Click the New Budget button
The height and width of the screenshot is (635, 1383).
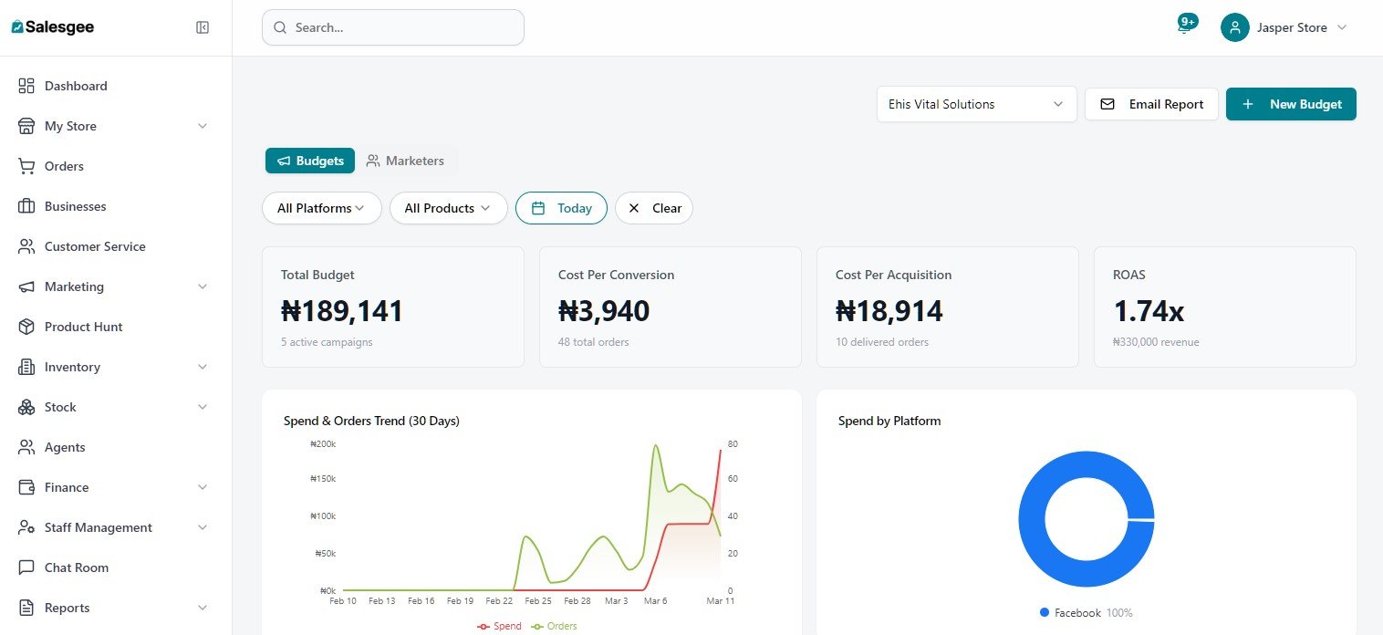point(1291,104)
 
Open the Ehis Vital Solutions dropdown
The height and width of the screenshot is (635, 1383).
point(976,104)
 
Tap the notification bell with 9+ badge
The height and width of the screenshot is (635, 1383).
point(1184,26)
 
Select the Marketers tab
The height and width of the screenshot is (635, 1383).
point(405,161)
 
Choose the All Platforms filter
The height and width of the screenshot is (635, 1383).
point(321,208)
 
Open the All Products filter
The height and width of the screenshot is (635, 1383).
point(448,208)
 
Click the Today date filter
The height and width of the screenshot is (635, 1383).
point(561,208)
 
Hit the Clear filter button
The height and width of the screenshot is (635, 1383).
point(654,208)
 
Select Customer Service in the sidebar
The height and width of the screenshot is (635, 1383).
point(95,246)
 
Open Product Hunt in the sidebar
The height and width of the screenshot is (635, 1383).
point(83,327)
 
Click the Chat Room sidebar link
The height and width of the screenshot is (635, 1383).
point(77,567)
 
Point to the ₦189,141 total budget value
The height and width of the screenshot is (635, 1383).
point(342,311)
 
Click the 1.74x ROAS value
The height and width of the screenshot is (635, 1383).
point(1149,311)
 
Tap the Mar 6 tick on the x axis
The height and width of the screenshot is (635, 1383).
point(655,601)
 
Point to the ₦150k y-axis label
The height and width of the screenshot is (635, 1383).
point(323,478)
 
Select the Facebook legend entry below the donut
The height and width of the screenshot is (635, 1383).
point(1076,613)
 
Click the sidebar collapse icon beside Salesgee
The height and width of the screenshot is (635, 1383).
point(203,27)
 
